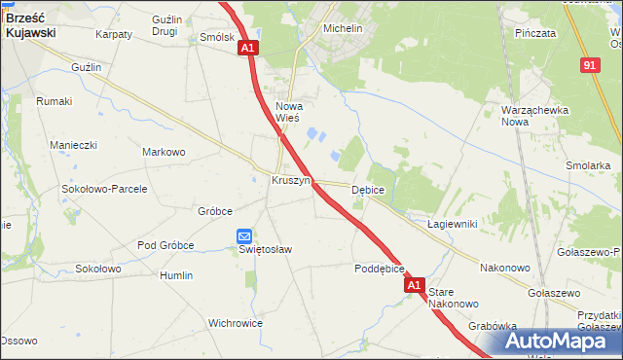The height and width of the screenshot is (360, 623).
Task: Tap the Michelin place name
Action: click(342, 29)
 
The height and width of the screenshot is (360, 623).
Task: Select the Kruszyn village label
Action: click(290, 181)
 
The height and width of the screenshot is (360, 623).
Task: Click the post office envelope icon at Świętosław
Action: click(244, 235)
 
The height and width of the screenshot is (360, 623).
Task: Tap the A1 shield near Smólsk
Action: click(247, 48)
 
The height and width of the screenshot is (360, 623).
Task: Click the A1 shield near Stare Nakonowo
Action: click(415, 286)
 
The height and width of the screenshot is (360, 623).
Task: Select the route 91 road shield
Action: click(590, 64)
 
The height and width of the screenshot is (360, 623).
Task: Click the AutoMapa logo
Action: click(561, 341)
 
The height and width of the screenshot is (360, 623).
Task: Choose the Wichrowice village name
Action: click(236, 322)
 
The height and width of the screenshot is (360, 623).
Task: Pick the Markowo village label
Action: click(164, 152)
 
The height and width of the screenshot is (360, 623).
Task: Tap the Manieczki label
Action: click(73, 145)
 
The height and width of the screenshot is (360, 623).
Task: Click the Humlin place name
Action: click(176, 275)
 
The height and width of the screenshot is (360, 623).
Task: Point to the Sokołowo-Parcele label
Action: click(104, 189)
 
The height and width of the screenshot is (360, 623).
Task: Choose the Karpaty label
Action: click(114, 34)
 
